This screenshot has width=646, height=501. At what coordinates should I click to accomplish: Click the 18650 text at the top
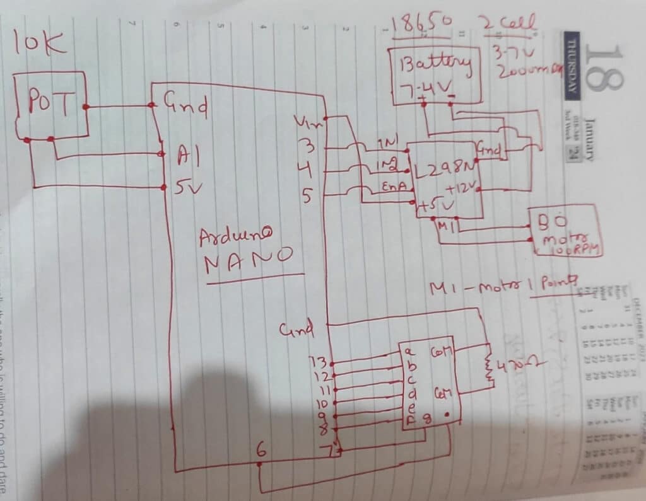point(421,24)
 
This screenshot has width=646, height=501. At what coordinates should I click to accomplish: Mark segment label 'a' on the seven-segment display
point(409,351)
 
